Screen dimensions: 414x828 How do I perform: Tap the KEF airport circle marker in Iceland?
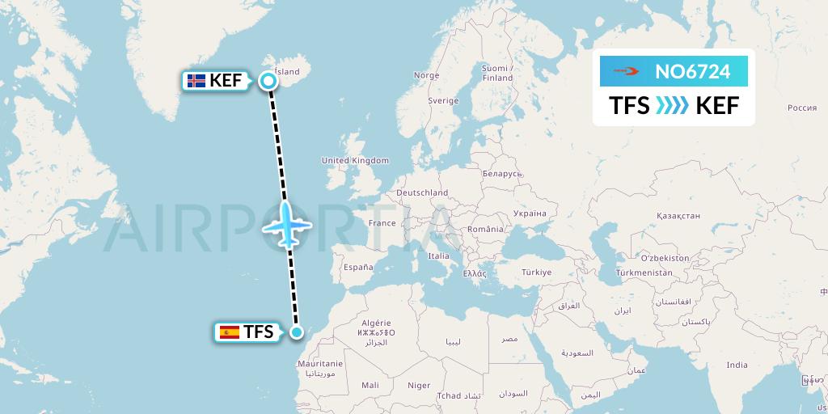tap(269, 80)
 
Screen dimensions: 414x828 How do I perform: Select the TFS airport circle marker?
tap(297, 332)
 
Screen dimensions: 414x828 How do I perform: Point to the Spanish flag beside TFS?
tap(230, 332)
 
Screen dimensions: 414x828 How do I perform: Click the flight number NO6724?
tap(692, 72)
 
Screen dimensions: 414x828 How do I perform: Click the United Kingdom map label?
tap(355, 161)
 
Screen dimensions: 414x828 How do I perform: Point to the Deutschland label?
tap(422, 193)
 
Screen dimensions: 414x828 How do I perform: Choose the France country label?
tap(382, 223)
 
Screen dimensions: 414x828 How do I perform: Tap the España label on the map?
tap(357, 267)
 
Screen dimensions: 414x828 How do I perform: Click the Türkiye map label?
tap(535, 272)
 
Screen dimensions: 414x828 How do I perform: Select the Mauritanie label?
tap(321, 364)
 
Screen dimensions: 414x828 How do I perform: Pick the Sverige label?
tap(443, 101)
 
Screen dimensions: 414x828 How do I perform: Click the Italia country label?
tap(438, 256)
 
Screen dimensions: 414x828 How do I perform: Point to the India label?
tap(737, 365)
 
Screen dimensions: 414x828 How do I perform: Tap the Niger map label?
tap(420, 386)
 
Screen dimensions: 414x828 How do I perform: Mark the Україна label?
tap(530, 213)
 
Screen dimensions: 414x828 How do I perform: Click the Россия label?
tap(802, 108)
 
